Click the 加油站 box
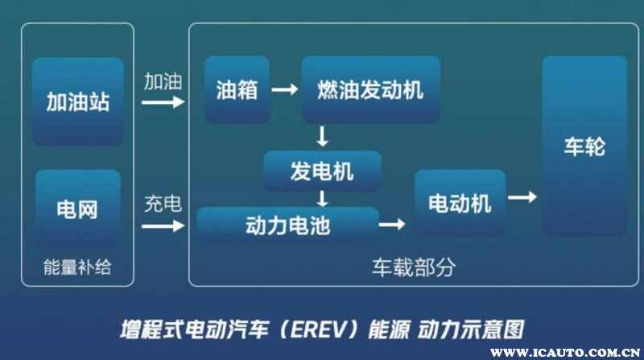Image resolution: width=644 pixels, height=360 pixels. [77, 101]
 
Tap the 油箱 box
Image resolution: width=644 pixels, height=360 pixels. [237, 89]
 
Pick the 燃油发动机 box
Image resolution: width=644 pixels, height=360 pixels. [370, 89]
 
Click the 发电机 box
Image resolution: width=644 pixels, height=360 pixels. [322, 170]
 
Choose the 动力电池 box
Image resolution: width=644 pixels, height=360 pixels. [287, 225]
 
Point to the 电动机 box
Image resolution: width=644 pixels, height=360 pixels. [460, 203]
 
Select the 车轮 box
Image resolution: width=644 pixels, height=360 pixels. [584, 147]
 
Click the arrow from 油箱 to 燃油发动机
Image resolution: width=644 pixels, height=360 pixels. [284, 90]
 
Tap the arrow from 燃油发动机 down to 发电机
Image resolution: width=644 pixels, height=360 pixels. [322, 135]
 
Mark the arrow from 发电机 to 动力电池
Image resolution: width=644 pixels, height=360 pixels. [322, 197]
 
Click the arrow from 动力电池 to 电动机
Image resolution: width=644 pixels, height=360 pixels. [392, 225]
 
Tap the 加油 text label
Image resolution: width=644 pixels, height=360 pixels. [163, 81]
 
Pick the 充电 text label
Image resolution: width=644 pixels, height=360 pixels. [163, 204]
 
